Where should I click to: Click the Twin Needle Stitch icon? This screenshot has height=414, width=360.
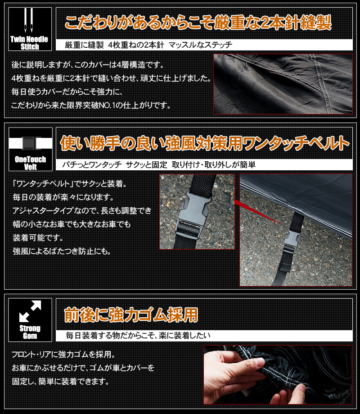click(x=30, y=29)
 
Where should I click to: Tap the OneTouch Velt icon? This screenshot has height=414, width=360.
click(x=30, y=149)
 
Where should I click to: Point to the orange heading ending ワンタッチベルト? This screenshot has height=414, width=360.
click(x=205, y=144)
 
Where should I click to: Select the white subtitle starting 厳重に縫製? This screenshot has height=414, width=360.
click(x=148, y=45)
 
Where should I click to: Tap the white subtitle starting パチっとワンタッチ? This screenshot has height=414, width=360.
click(x=159, y=165)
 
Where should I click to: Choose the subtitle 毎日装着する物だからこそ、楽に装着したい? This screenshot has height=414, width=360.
click(x=138, y=336)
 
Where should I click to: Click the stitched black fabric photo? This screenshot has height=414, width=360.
click(x=283, y=84)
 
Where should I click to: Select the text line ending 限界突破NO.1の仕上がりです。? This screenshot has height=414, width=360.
click(x=91, y=105)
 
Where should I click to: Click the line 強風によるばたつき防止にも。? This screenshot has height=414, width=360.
click(x=62, y=251)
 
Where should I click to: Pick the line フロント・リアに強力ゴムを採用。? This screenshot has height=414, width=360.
click(x=63, y=355)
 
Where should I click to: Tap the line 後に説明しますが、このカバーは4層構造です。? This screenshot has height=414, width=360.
click(x=88, y=65)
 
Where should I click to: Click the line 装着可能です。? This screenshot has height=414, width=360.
click(x=38, y=237)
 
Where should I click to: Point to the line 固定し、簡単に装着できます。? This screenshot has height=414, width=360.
click(x=60, y=382)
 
